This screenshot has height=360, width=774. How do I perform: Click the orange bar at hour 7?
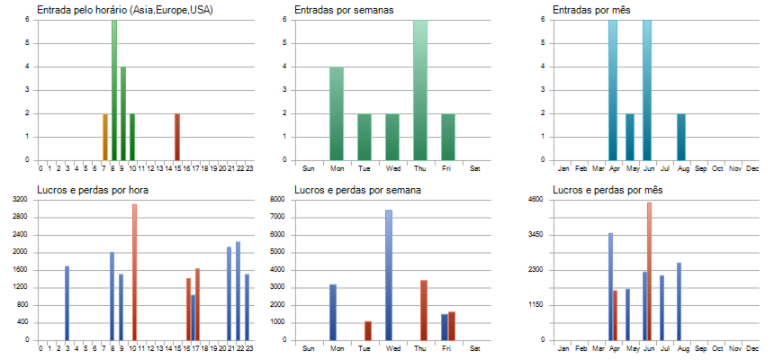click(105, 137)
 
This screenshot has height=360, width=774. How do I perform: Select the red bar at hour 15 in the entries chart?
click(177, 137)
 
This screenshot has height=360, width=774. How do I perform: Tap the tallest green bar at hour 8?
click(114, 90)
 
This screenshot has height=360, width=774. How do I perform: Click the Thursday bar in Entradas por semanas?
click(420, 90)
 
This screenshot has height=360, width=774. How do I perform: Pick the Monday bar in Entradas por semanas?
click(337, 113)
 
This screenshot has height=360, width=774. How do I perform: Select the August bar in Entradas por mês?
click(680, 137)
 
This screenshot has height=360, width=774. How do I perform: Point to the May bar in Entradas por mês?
click(629, 137)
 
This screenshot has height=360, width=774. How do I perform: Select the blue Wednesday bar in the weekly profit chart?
click(389, 274)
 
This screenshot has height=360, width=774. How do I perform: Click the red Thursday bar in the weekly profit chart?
click(424, 310)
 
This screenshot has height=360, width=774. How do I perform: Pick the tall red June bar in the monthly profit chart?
click(648, 271)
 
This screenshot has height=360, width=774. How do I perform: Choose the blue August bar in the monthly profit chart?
click(679, 301)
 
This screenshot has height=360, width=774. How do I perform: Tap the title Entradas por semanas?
click(338, 10)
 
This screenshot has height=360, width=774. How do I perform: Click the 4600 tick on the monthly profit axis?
click(535, 199)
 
